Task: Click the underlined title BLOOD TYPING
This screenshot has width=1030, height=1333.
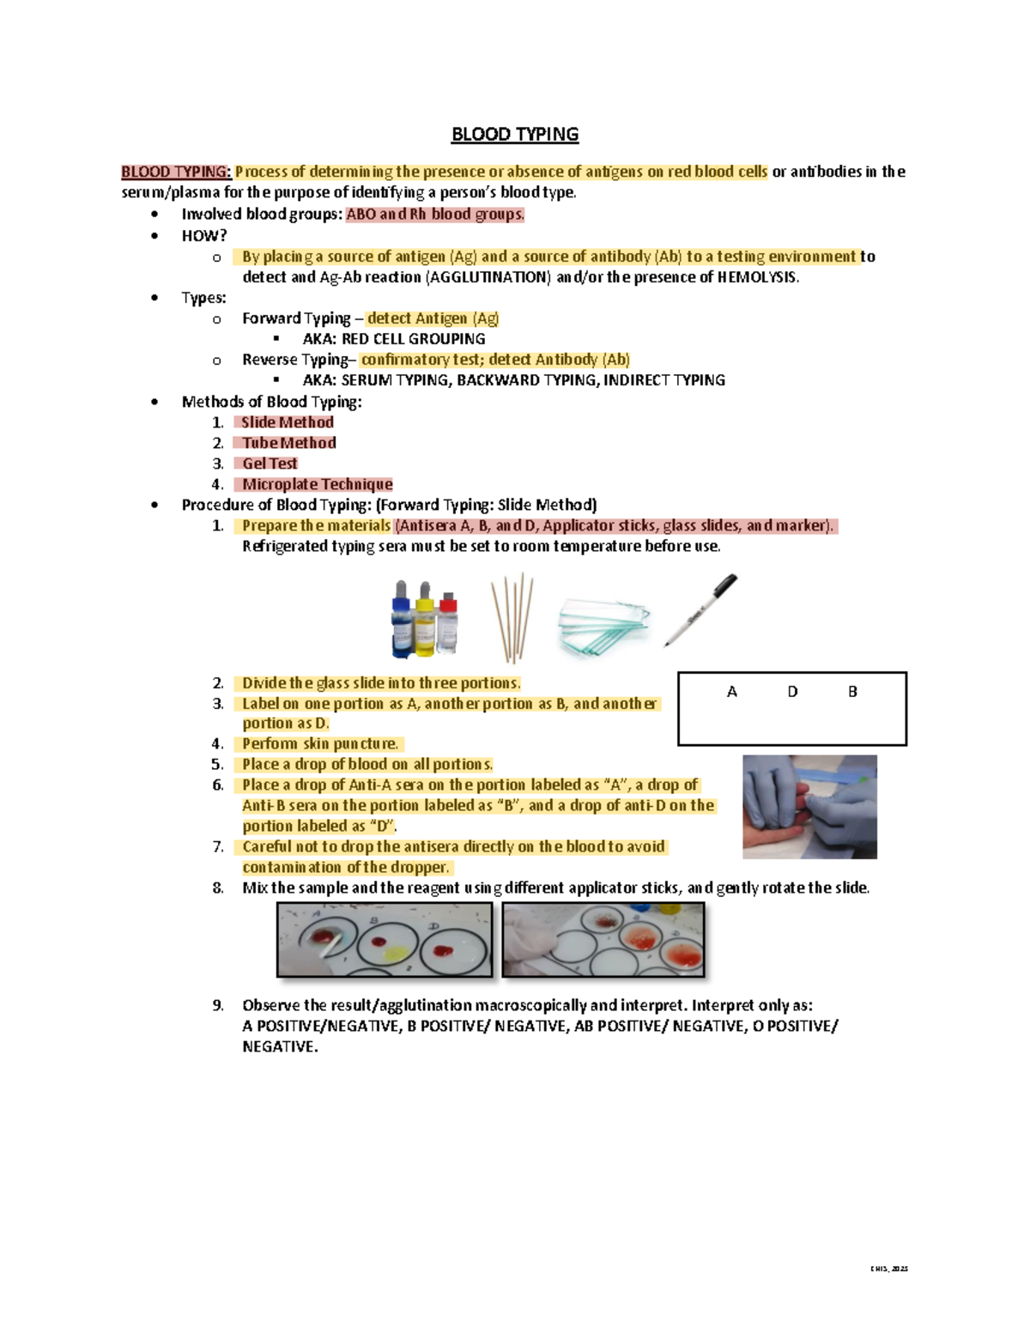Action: click(515, 135)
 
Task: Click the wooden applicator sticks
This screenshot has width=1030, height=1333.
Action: click(512, 618)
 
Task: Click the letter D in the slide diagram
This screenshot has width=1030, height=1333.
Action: click(792, 692)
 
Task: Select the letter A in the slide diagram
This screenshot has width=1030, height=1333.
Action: click(731, 692)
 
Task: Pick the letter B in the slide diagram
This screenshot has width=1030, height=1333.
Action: click(852, 692)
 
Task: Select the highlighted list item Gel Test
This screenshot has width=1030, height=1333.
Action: click(269, 464)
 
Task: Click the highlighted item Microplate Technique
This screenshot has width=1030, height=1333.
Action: click(317, 484)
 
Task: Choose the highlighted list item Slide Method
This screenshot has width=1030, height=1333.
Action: click(287, 422)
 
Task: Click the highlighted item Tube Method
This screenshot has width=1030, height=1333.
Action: click(288, 443)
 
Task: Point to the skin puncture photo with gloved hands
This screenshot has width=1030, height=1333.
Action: click(809, 807)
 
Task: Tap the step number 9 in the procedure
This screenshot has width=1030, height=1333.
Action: click(218, 1005)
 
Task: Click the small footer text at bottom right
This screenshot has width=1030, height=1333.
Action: click(888, 1269)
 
